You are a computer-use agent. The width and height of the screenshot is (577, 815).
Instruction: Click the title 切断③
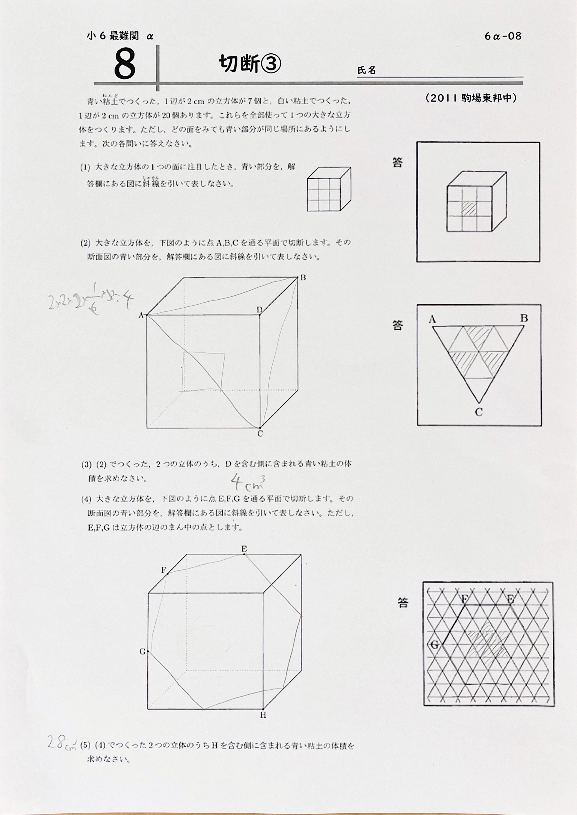(249, 64)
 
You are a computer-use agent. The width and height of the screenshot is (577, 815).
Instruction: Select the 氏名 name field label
(366, 70)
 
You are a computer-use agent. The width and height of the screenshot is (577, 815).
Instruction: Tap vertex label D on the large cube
(259, 310)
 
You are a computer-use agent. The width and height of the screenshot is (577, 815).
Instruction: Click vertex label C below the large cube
(260, 433)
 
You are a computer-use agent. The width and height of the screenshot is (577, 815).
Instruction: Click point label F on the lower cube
(164, 570)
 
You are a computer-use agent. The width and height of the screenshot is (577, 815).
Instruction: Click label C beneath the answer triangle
(479, 412)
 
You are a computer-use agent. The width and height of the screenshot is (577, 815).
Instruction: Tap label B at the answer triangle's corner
(524, 318)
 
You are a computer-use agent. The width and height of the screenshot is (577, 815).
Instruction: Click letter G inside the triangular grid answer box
(435, 644)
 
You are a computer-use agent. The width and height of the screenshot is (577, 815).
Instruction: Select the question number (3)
(86, 464)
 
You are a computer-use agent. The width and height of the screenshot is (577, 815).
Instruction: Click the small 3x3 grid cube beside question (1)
(329, 189)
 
